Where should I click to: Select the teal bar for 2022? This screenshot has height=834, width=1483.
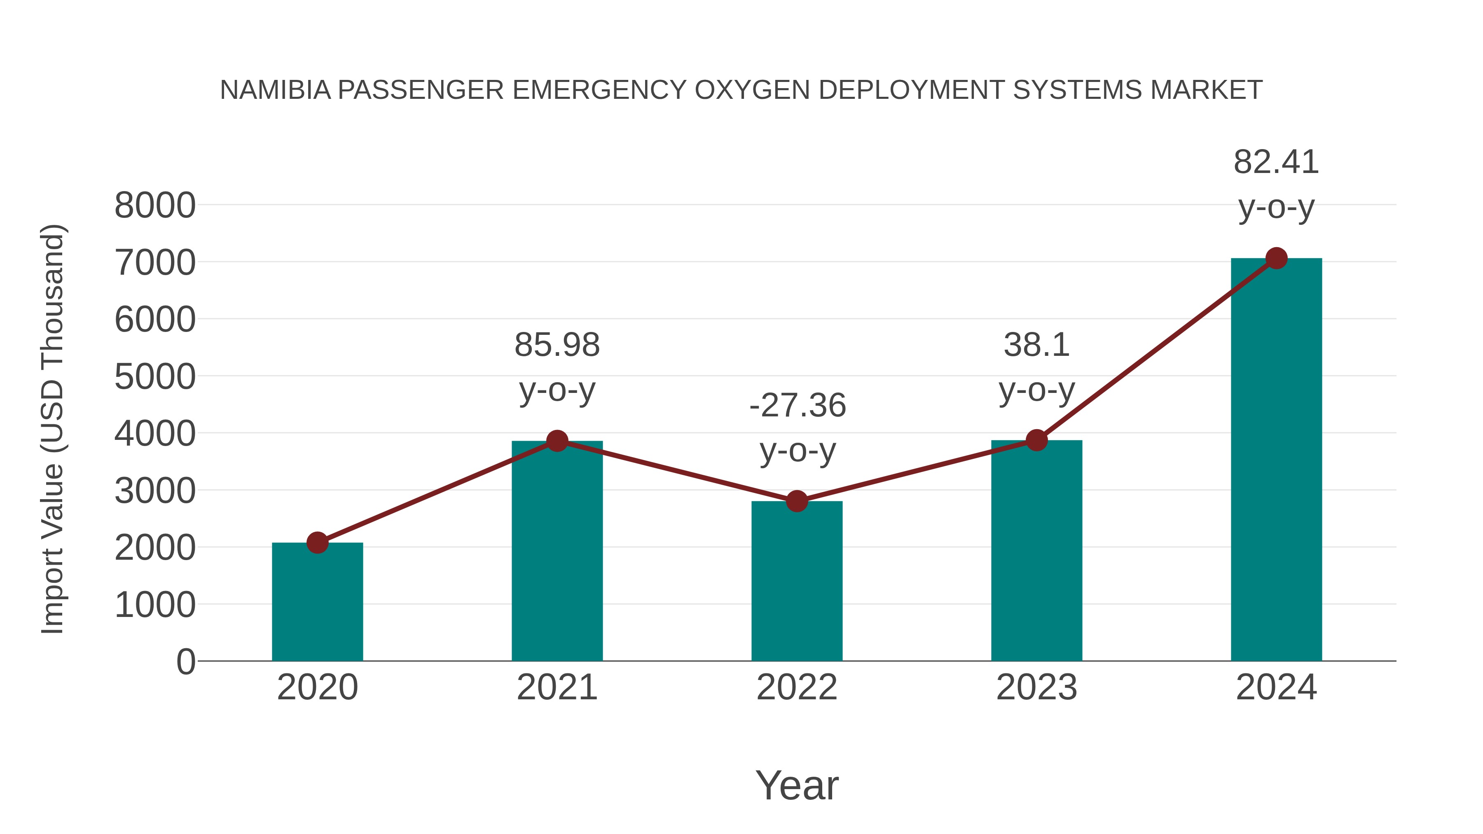(x=797, y=581)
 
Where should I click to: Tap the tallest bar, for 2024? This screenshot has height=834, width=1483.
(x=1276, y=460)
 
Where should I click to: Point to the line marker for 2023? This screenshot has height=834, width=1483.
(x=1036, y=440)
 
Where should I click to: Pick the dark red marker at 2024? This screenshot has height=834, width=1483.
(x=1276, y=258)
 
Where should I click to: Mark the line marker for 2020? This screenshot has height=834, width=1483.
(x=317, y=542)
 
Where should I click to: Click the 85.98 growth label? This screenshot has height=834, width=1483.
(x=557, y=346)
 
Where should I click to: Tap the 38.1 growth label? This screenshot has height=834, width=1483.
(x=1036, y=346)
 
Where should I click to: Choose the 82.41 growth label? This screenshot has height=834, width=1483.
(x=1276, y=162)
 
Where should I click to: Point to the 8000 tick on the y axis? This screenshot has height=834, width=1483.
(x=155, y=206)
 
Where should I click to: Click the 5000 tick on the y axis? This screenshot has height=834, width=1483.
(x=155, y=377)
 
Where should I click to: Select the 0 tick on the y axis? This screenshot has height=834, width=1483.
(x=185, y=662)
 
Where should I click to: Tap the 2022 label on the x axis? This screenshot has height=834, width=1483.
(x=797, y=687)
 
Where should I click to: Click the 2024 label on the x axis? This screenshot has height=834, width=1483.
(x=1276, y=687)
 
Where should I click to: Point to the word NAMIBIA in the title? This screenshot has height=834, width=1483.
(x=275, y=90)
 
